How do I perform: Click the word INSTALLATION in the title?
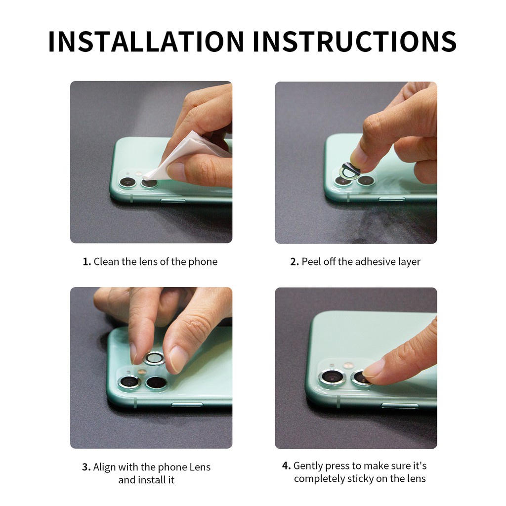[x=146, y=42]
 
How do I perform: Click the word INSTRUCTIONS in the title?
[x=355, y=42]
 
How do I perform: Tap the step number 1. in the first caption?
[x=86, y=262]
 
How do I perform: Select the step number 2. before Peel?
[x=295, y=262]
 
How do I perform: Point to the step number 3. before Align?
[x=86, y=467]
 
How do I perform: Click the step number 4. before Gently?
[x=286, y=465]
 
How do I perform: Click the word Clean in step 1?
[x=107, y=262]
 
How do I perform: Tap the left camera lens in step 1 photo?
[x=128, y=182]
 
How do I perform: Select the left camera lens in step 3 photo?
[x=129, y=383]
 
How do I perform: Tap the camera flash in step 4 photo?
[x=348, y=366]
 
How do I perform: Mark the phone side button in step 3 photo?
[x=187, y=405]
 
